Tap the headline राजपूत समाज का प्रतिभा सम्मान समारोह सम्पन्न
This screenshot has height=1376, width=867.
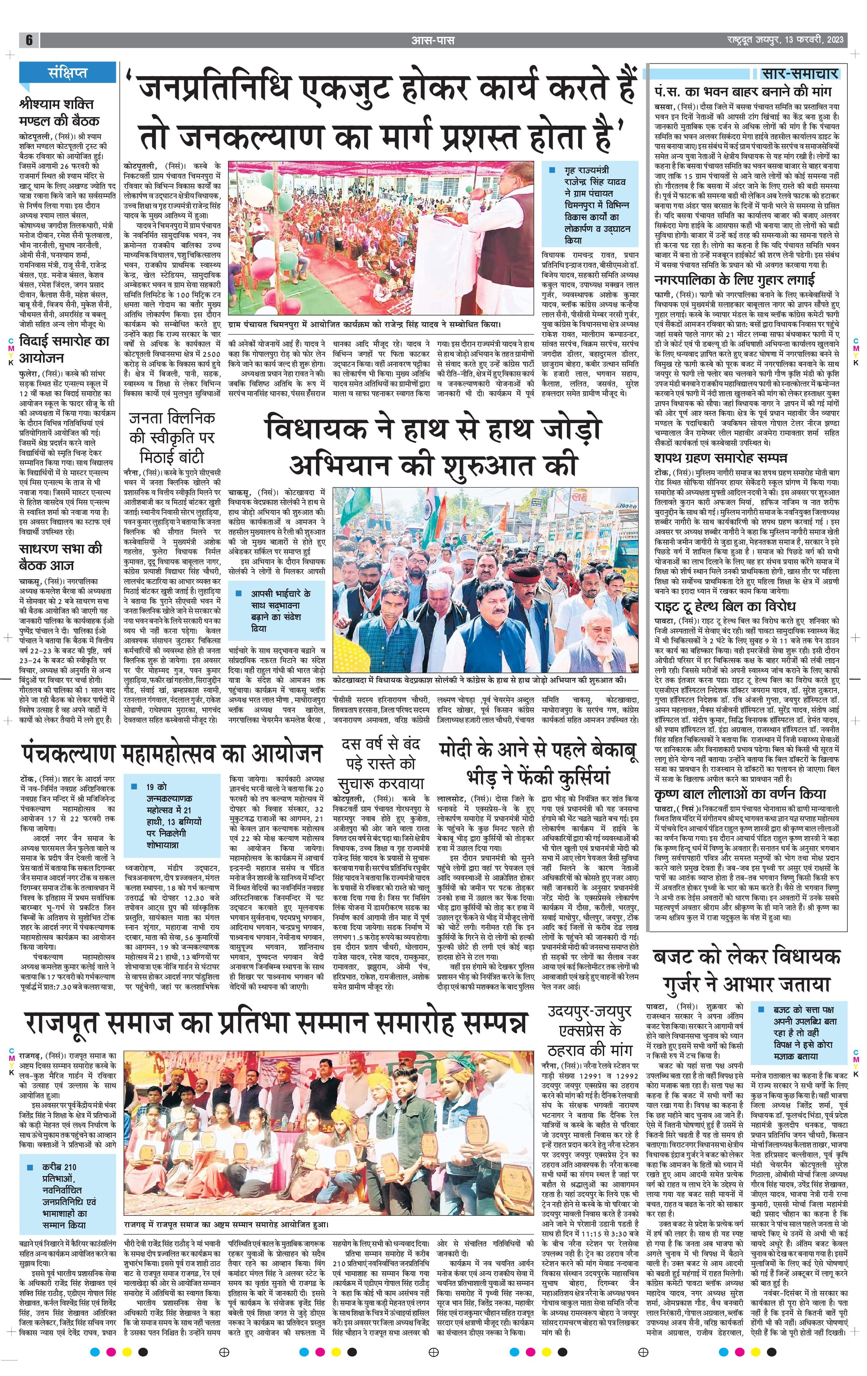275,1025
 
